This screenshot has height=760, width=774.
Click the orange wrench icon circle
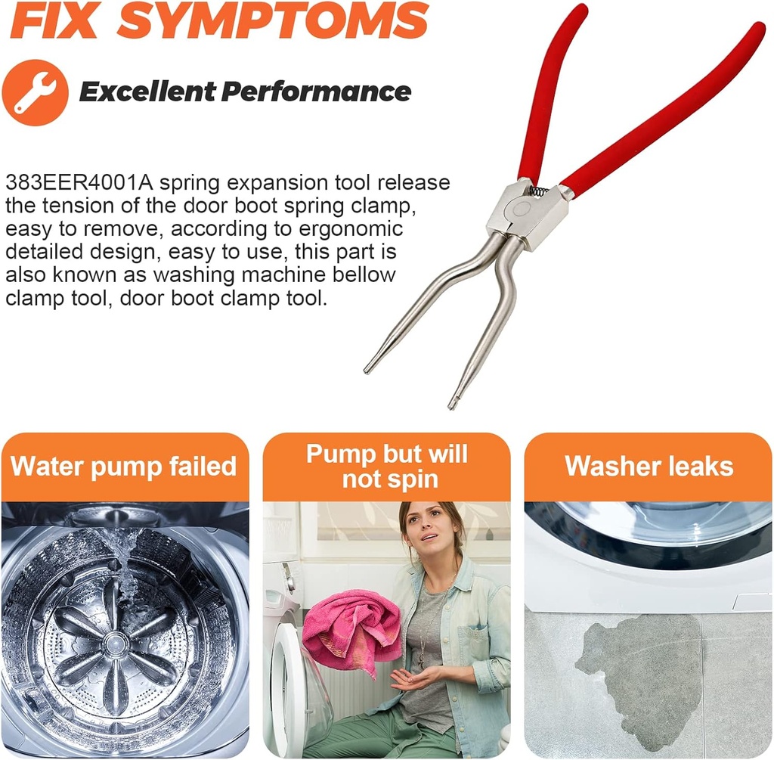tap(35, 92)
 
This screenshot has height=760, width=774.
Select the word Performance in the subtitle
tap(316, 92)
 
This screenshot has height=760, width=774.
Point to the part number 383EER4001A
tap(79, 183)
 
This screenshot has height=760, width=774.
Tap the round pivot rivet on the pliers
tap(521, 209)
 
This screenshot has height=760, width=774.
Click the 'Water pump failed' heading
tap(124, 466)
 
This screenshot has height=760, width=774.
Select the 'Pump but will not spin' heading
tap(386, 466)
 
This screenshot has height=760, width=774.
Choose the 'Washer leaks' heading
tap(649, 466)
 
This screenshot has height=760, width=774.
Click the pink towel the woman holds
tap(351, 628)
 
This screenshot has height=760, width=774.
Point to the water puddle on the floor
tap(642, 665)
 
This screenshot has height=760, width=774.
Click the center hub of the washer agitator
tap(115, 644)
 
